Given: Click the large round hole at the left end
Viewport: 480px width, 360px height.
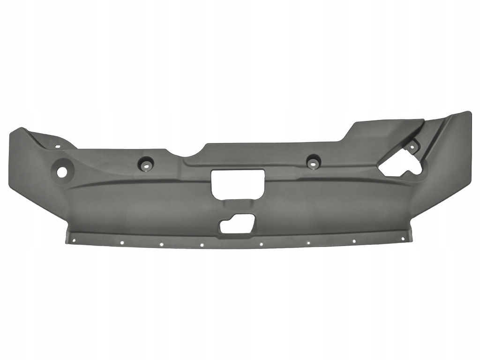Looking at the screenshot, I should (62, 172).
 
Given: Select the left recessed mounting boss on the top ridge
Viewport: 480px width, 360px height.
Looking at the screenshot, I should (145, 164).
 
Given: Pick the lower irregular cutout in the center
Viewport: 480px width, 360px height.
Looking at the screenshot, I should (237, 224).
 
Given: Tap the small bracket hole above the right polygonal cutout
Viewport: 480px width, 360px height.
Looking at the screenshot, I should (412, 147).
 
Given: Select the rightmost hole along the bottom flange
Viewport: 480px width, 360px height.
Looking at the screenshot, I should (402, 238).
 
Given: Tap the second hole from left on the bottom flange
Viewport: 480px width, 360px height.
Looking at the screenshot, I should (121, 243).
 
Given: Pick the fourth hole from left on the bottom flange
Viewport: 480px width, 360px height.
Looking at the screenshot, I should (202, 245).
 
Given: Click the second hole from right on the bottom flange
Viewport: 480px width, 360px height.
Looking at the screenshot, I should (354, 241).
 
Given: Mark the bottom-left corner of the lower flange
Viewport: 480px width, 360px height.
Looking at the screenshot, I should (67, 243).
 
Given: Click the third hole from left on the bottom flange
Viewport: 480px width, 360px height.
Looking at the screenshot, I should (161, 244).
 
